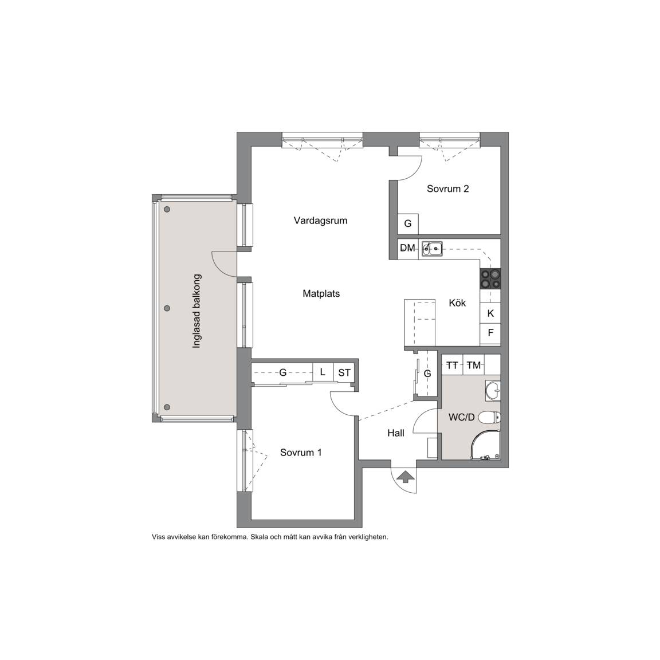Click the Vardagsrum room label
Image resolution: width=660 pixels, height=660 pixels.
point(320,221)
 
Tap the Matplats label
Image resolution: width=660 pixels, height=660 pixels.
point(321,293)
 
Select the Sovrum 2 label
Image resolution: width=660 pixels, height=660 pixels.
point(448,188)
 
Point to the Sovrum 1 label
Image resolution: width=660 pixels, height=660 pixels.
point(301,453)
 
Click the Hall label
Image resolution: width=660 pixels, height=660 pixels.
point(396,433)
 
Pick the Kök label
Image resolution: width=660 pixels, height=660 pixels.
point(457,302)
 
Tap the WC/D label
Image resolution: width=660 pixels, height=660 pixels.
point(462,417)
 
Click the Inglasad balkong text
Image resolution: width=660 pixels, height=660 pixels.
point(197,311)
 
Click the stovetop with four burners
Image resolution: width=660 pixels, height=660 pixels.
point(490,278)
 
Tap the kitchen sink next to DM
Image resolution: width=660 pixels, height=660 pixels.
point(432,248)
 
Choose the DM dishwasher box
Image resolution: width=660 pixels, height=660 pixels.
point(408,249)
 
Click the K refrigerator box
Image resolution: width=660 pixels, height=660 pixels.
point(490,313)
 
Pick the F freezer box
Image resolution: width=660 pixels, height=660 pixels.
point(490,333)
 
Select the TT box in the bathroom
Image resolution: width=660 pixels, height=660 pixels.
point(452,365)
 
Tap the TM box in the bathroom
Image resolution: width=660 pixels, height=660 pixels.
point(474,365)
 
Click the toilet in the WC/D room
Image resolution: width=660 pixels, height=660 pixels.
point(490,417)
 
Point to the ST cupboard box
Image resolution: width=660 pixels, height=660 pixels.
point(344,372)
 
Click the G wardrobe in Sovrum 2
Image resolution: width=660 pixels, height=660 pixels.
point(408,223)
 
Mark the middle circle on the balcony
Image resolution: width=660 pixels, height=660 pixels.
point(167,308)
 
